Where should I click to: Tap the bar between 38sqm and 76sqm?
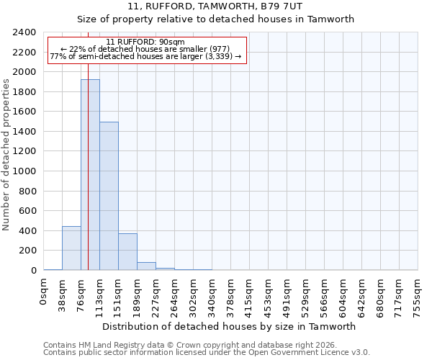click(71, 248)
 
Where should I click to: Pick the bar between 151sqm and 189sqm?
click(127, 252)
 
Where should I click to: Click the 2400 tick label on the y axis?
click(24, 32)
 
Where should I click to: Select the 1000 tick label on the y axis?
click(24, 171)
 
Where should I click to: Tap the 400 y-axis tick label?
click(27, 231)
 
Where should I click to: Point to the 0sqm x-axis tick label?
click(44, 292)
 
